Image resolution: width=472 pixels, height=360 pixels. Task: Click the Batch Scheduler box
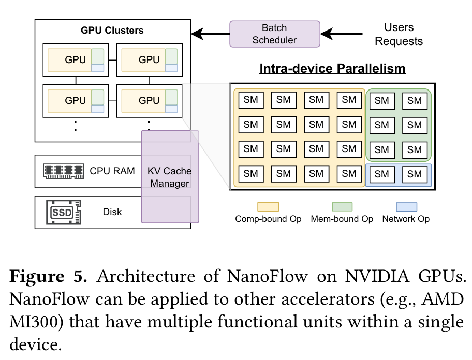[x=274, y=34]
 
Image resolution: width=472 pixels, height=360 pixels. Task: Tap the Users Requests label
[x=399, y=34]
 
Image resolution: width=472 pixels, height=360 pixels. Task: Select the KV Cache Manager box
[x=170, y=177]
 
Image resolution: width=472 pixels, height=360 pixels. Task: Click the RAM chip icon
[x=63, y=171]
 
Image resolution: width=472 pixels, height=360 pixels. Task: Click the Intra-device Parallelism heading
[x=332, y=69]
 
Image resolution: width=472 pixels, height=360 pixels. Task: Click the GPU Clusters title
[x=112, y=31]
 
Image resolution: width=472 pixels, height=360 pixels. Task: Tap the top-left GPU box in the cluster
[x=76, y=59]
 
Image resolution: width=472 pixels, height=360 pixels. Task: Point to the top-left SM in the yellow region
[x=250, y=100]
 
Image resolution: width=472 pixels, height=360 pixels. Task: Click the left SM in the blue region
[x=382, y=175]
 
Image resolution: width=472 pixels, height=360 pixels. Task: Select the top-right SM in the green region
[x=415, y=101]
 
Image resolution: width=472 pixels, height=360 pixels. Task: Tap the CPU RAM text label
[x=112, y=171]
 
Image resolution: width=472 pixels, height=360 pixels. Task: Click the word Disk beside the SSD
[x=112, y=212]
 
